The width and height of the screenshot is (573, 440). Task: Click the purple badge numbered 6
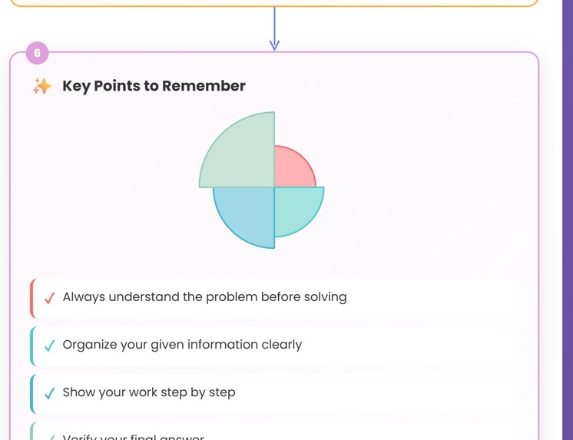(x=37, y=53)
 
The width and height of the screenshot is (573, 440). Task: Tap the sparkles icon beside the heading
(x=41, y=86)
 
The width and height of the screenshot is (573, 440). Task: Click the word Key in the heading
(x=76, y=86)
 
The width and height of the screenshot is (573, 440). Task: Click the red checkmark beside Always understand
(x=49, y=298)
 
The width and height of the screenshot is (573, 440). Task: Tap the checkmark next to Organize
(x=49, y=346)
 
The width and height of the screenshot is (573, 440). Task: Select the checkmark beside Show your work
(x=49, y=393)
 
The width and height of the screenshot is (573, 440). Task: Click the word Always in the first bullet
(x=84, y=297)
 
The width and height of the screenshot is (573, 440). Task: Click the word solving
(x=325, y=297)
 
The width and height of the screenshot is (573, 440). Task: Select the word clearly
(x=281, y=345)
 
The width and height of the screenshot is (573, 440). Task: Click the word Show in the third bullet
(x=78, y=392)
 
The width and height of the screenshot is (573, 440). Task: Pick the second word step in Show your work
(x=222, y=392)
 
